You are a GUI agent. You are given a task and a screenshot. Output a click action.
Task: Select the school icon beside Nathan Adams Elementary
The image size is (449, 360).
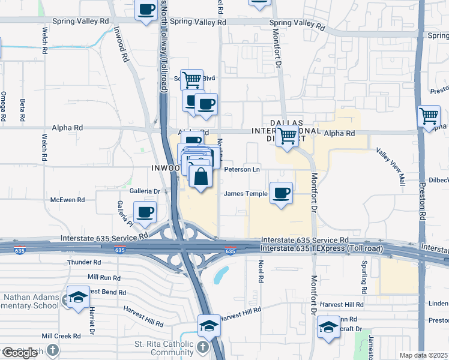[x=78, y=298]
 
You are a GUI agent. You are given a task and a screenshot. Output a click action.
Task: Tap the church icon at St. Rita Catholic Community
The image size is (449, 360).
[x=203, y=347]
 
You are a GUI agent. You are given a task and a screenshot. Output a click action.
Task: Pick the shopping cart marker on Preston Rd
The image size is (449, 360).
[x=429, y=116]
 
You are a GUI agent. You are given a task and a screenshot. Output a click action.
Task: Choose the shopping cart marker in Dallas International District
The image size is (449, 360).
[x=288, y=137]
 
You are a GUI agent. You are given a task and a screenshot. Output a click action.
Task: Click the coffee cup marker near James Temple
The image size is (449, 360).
[x=281, y=193]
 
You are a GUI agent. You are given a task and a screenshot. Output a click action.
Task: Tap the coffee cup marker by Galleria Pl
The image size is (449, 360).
[x=144, y=212]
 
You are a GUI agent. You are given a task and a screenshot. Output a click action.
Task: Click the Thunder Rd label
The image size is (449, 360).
[x=85, y=262]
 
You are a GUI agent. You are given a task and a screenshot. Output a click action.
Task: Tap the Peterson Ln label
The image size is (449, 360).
[x=241, y=170]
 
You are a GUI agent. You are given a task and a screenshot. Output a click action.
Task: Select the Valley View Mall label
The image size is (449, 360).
[x=392, y=165]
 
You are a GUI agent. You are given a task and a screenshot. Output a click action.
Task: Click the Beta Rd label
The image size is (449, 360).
[x=23, y=108]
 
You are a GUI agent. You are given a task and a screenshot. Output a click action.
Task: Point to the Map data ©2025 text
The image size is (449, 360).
[x=423, y=355]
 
